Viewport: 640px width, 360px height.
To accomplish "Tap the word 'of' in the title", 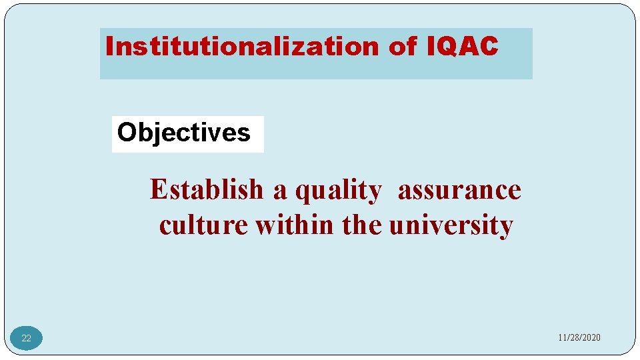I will (401, 47).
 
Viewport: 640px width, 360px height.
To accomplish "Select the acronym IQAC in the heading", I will (461, 47).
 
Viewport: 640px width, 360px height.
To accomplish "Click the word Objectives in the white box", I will (184, 133).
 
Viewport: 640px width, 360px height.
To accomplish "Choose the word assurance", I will (459, 190).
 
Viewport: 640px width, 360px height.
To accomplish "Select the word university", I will (451, 225).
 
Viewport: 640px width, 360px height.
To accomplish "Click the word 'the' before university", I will (363, 225).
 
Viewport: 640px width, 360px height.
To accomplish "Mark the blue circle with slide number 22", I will (26, 338).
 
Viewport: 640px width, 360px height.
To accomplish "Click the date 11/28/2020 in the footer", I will (579, 338).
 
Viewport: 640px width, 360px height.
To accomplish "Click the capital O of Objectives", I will (126, 133).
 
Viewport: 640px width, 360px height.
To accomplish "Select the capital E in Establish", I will (157, 190).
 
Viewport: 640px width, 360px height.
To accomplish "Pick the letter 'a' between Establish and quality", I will (279, 191).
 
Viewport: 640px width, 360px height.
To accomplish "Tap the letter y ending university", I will (507, 227).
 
